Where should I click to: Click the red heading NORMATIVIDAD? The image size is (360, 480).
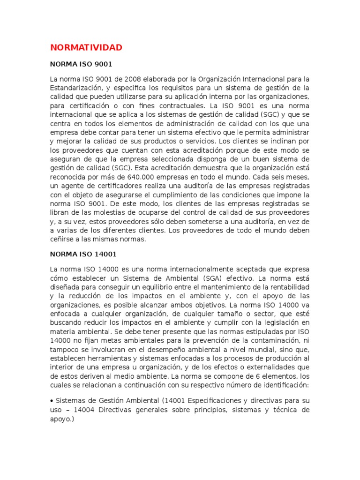click(86, 47)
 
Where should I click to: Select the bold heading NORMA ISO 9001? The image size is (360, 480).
click(81, 63)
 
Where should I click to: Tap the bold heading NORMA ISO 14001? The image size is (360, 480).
click(83, 254)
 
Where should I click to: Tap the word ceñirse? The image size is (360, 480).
click(61, 240)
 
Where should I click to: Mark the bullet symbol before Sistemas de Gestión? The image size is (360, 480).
click(52, 401)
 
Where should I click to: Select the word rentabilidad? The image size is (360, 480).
click(290, 287)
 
